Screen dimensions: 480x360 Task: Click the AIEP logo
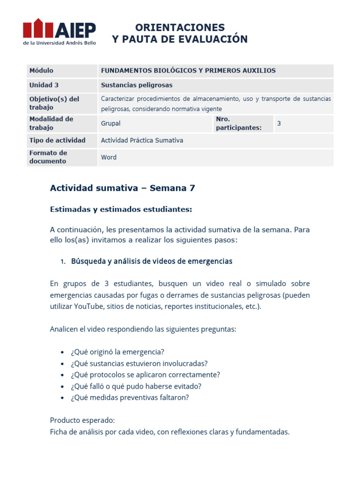59,31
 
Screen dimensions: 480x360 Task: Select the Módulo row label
42,71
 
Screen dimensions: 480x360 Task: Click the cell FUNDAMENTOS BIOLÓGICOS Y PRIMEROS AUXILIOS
188,71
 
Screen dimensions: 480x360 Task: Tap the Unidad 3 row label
44,85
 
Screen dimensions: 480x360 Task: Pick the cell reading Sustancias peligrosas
137,85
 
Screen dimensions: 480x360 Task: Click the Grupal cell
111,124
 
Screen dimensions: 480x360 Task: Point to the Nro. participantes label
238,124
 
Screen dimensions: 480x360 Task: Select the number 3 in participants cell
279,124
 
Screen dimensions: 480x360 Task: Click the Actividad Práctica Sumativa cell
142,141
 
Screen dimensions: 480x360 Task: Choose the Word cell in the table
109,157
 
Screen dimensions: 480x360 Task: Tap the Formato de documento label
48,157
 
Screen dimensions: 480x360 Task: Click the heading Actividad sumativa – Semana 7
122,188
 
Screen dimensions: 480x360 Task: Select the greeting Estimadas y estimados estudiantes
121,210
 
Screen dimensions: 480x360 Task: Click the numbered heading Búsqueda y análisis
151,262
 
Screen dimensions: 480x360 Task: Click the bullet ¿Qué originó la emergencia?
118,352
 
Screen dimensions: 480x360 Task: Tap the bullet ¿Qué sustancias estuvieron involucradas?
139,363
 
